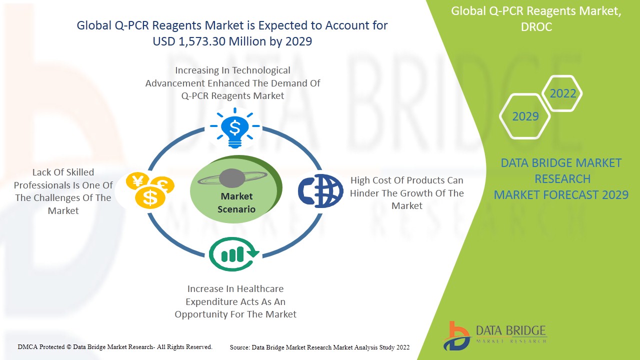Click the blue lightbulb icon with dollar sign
235,128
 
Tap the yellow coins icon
150,190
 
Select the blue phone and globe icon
320,190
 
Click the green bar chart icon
233,254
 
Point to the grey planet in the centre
232,178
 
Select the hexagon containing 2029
525,116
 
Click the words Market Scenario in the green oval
236,202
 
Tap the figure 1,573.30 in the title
202,41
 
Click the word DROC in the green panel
536,27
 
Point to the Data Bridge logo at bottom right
494,336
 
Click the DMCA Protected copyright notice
115,347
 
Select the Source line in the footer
319,347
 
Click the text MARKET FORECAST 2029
561,195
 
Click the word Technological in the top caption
261,70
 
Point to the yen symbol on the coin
138,180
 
